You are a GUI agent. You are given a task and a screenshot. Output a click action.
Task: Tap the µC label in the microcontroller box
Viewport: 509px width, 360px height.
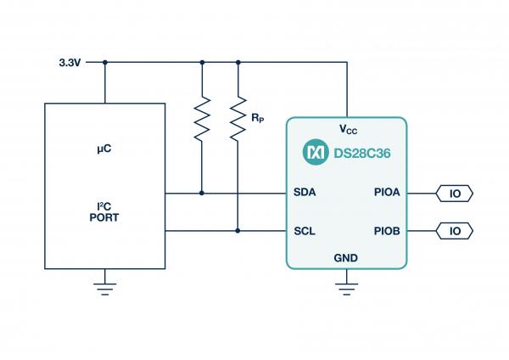104,149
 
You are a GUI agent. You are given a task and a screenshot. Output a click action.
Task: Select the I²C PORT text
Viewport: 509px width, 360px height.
104,212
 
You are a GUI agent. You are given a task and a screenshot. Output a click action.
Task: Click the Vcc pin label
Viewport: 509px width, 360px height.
348,130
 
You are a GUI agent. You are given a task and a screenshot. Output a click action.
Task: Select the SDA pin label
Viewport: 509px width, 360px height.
305,193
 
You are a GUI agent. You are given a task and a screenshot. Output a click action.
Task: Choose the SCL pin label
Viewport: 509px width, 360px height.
305,230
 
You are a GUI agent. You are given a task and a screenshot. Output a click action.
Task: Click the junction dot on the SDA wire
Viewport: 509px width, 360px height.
202,193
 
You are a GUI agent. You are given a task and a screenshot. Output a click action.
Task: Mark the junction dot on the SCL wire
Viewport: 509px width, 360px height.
238,230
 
